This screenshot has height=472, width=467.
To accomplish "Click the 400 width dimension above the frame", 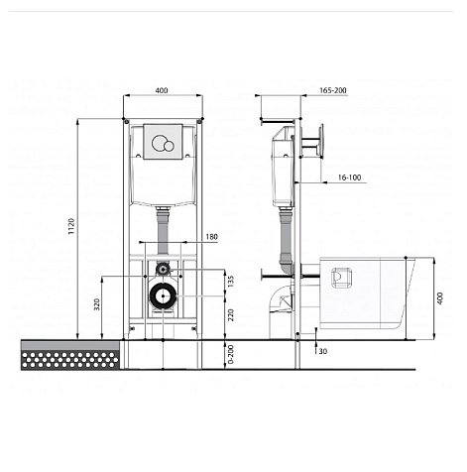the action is pos(162,90).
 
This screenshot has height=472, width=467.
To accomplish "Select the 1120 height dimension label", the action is pos(71,226).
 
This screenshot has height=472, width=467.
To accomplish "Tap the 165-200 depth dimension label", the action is pos(333,90).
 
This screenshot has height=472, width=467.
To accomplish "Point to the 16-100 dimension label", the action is pos(349,177).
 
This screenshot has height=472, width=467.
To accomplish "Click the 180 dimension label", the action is pos(212,237).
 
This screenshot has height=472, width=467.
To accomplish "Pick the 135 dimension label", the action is pos(231,281).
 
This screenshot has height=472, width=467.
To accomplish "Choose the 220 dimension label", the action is pos(231,314).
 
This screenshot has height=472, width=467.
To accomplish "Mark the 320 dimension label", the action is pos(96,304).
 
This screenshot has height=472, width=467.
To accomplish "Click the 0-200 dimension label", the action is pos(231,354).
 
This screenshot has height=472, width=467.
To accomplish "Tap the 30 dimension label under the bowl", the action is pos(323,351).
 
